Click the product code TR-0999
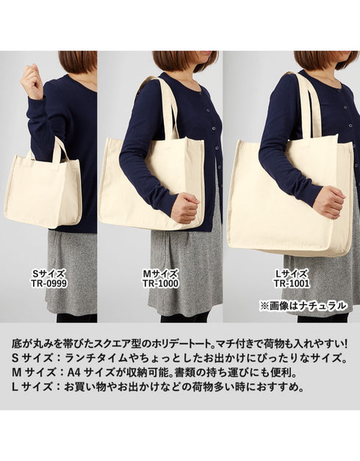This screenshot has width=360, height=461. pos(49,283)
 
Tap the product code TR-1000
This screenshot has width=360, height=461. pos(161,283)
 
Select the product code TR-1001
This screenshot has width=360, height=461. pos(292,283)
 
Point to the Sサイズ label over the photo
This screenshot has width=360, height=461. pos(48,274)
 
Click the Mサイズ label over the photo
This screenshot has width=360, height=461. pos(161,274)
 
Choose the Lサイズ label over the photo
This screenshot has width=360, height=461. pos(292,274)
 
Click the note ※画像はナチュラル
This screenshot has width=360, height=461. pos(303,306)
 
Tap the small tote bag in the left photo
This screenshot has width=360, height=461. pos(43,188)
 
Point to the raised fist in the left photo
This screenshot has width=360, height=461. pos(32,81)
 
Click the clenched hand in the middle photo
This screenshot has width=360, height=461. pos(185,208)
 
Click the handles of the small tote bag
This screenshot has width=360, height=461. pos(60,149)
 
